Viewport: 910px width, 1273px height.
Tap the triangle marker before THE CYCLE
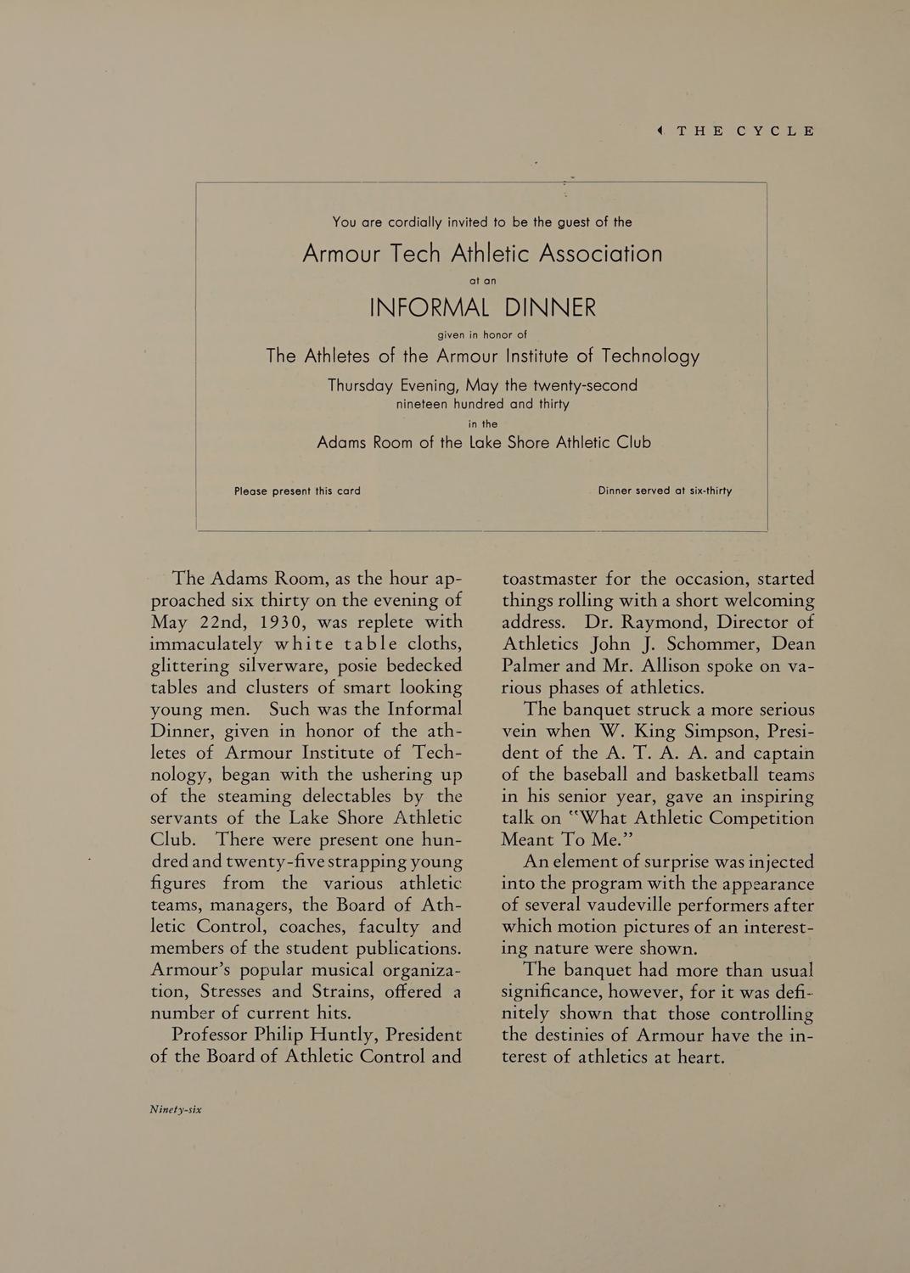click(x=660, y=131)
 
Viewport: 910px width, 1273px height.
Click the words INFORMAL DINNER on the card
click(x=482, y=307)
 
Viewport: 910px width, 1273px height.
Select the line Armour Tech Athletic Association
click(x=482, y=254)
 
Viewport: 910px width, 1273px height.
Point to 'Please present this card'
click(x=297, y=491)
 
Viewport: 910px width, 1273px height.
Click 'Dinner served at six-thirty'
click(x=665, y=491)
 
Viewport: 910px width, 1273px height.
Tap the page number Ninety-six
click(x=176, y=1108)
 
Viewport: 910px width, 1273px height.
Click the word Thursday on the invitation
click(x=360, y=385)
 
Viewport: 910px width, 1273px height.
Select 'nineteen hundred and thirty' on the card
click(x=482, y=404)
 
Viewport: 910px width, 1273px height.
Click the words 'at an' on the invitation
click(x=482, y=280)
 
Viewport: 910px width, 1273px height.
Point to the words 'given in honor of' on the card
click(x=482, y=334)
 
